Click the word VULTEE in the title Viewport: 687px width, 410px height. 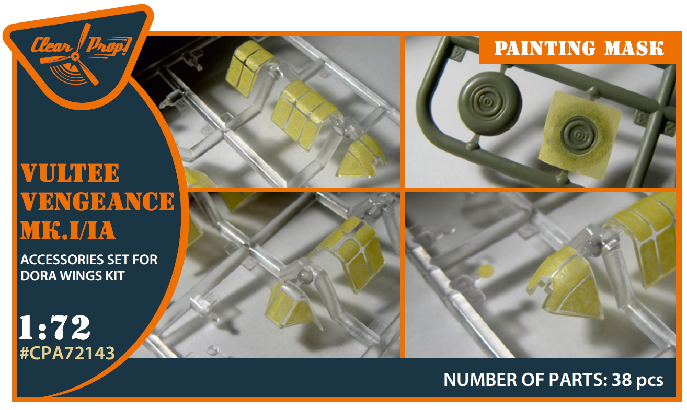click(70, 173)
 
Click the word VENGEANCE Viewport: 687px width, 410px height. click(98, 202)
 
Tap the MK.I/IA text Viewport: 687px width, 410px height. click(68, 230)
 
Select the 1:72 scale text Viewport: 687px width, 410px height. click(54, 327)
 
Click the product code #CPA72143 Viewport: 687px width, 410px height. click(67, 353)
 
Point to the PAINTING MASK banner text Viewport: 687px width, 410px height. click(579, 49)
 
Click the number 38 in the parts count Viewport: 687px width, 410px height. click(622, 380)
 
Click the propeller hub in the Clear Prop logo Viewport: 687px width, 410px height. click(75, 56)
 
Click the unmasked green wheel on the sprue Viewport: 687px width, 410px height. click(489, 103)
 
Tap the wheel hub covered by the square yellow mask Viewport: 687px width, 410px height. click(578, 135)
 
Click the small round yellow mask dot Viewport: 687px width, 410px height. click(486, 271)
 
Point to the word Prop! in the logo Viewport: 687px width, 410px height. click(109, 46)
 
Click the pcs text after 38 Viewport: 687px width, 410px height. click(649, 381)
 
